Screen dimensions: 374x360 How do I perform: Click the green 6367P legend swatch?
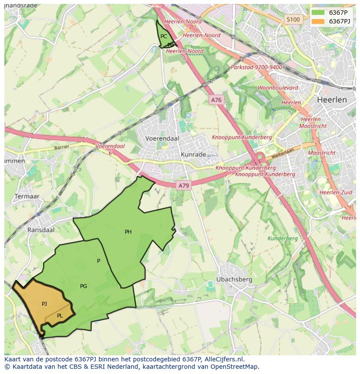click(x=318, y=13)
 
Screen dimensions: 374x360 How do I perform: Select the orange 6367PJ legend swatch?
click(x=318, y=21)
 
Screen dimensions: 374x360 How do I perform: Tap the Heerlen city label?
click(x=332, y=99)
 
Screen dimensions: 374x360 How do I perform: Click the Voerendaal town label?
click(x=162, y=138)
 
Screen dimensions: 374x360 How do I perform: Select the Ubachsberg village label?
click(x=234, y=279)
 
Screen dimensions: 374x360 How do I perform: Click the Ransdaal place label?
click(x=41, y=230)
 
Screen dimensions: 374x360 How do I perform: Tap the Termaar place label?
click(x=27, y=196)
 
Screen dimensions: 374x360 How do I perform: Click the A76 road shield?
click(x=216, y=100)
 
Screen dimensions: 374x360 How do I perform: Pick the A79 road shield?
click(x=184, y=185)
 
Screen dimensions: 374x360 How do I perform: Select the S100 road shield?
click(x=293, y=20)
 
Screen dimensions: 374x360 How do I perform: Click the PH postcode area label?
click(x=128, y=232)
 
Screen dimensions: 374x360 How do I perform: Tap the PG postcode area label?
click(x=83, y=286)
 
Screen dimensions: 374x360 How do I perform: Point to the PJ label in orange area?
click(x=44, y=304)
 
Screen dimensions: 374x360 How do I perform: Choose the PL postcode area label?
click(x=60, y=316)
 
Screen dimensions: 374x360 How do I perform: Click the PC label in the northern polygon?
click(x=163, y=36)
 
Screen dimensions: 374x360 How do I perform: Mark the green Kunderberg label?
click(x=283, y=238)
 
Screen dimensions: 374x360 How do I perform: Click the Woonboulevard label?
click(x=278, y=88)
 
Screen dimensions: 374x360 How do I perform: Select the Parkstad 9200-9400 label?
click(x=256, y=67)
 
